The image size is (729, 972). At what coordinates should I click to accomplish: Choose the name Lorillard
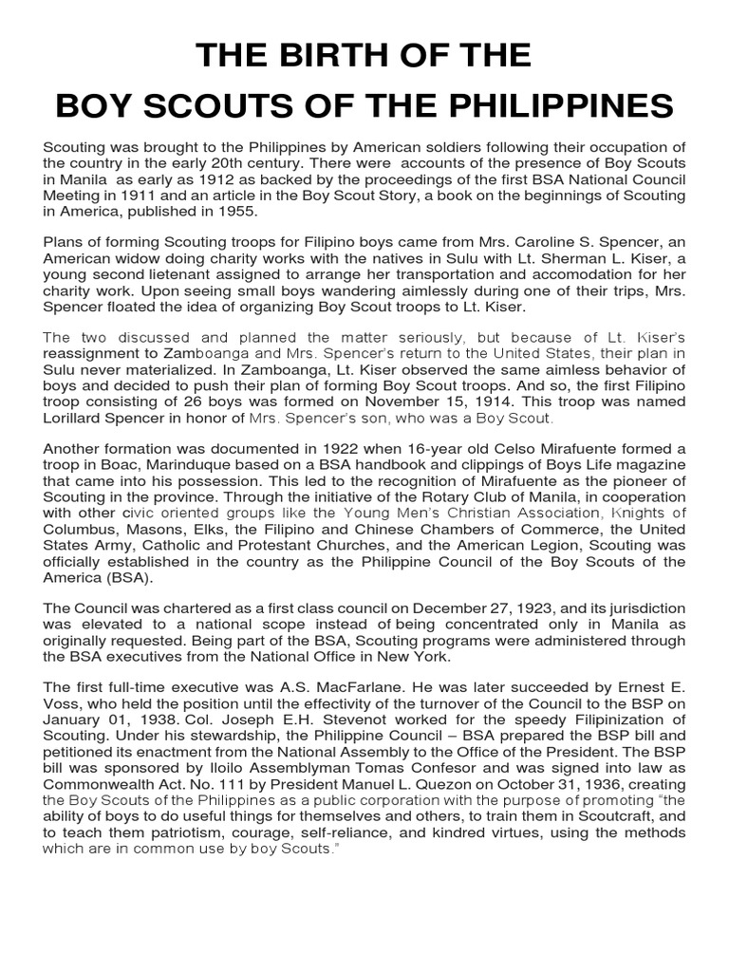point(80,417)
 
